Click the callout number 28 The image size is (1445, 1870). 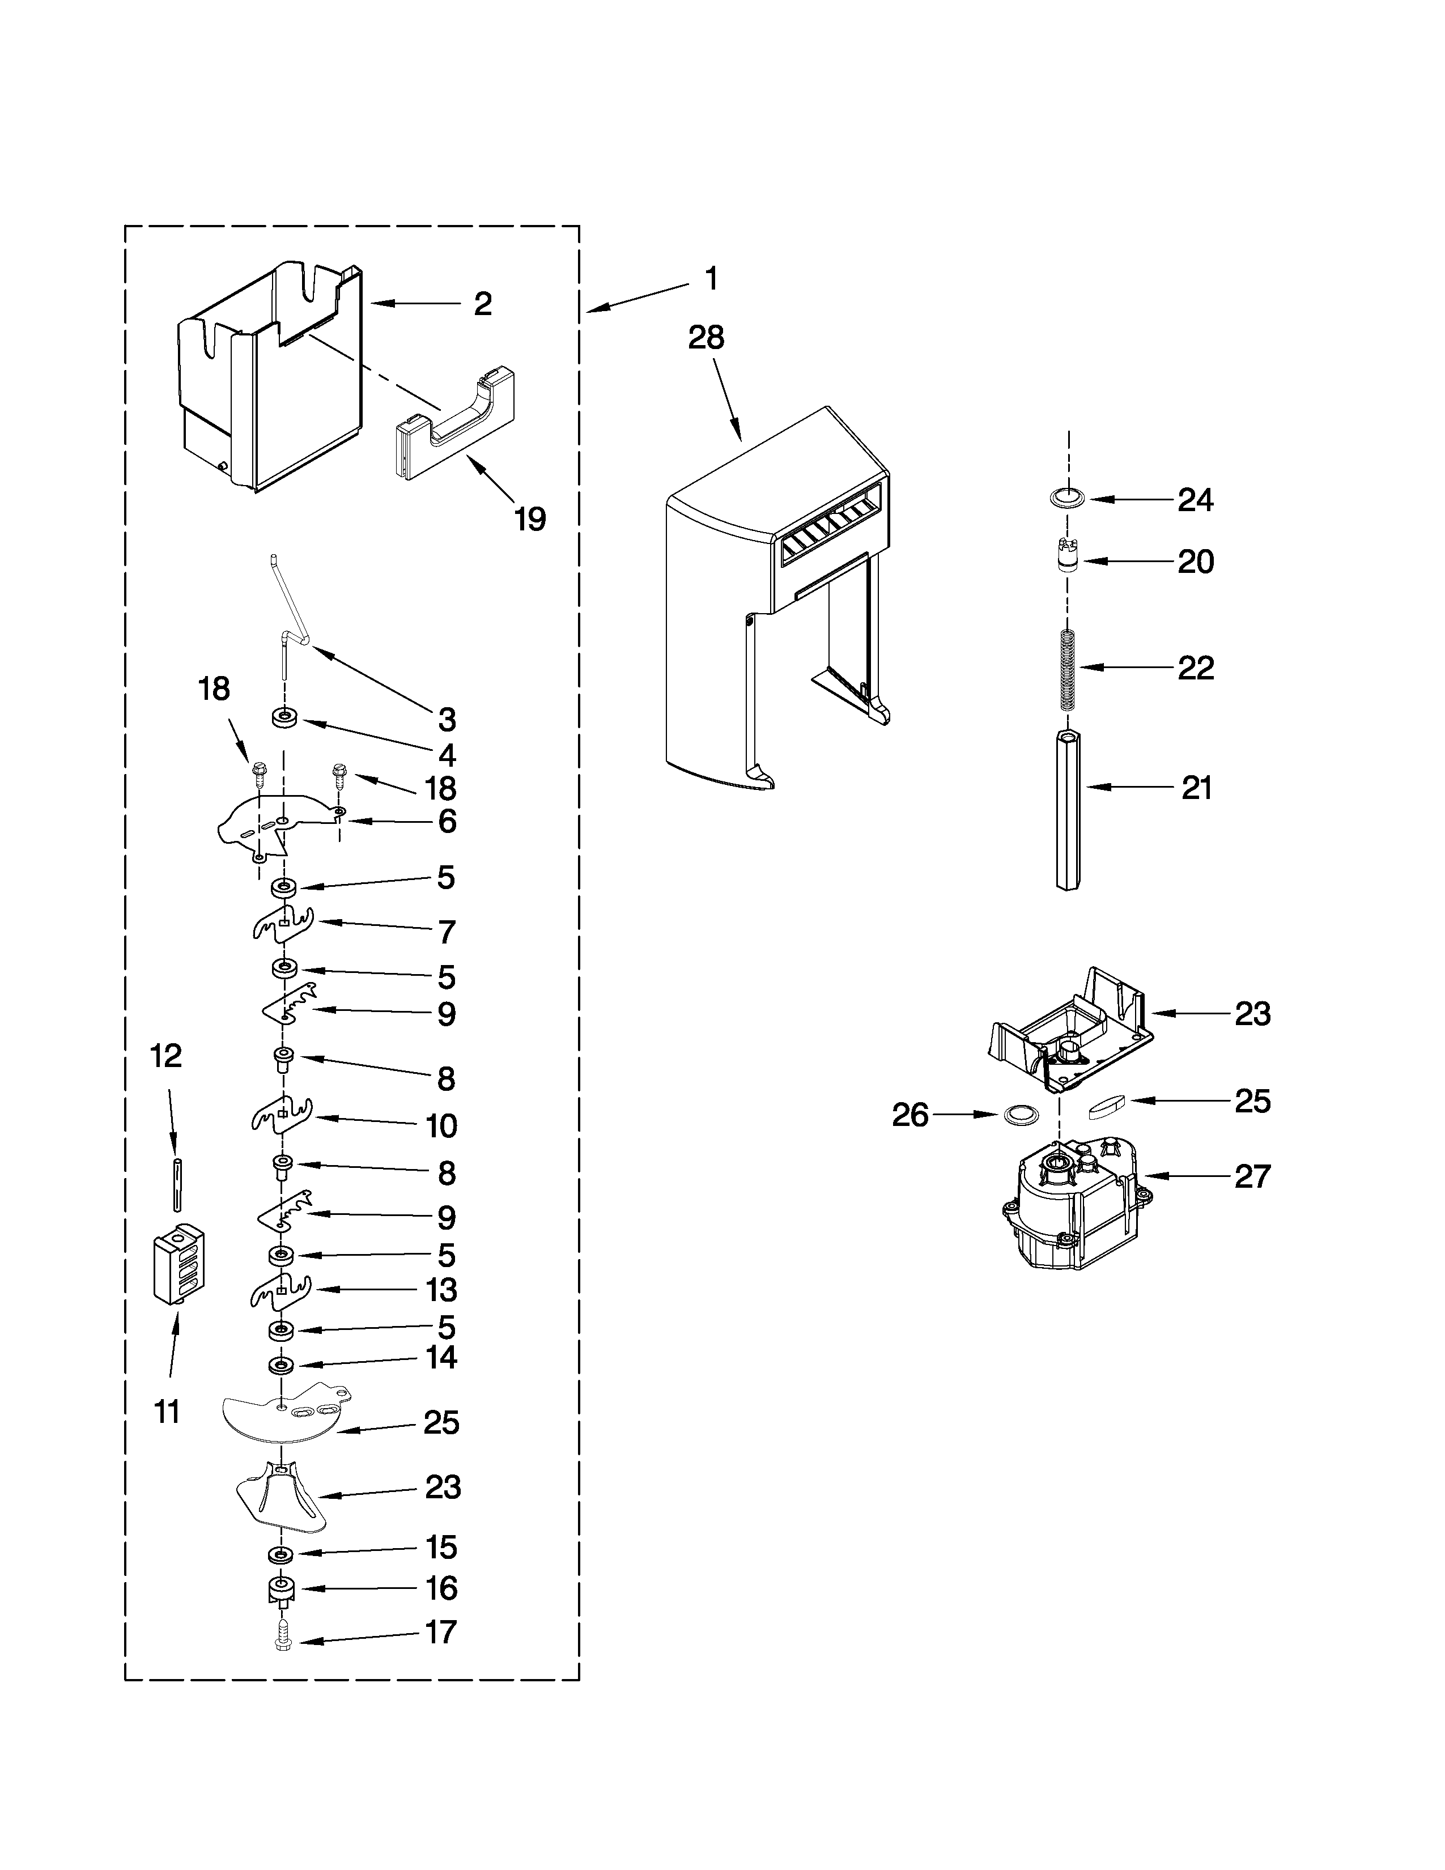(706, 338)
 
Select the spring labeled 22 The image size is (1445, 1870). (1066, 670)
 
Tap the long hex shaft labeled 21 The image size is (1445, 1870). (1066, 809)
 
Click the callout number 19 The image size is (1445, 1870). (530, 519)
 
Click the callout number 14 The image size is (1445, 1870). (441, 1357)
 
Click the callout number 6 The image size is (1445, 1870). (447, 822)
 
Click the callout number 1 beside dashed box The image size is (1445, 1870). (709, 279)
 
